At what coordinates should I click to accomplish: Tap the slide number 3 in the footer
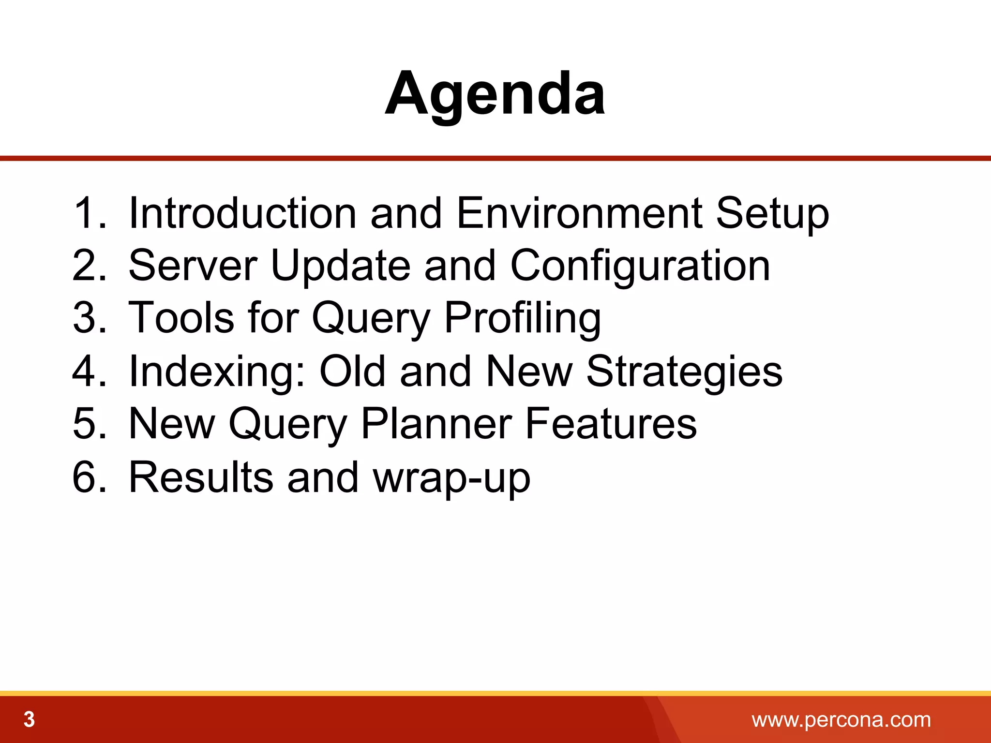pos(30,720)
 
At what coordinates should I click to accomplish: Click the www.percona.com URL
pos(841,720)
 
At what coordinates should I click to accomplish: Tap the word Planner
pos(436,424)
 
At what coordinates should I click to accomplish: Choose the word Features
pos(611,424)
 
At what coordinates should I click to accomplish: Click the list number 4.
pos(89,371)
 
